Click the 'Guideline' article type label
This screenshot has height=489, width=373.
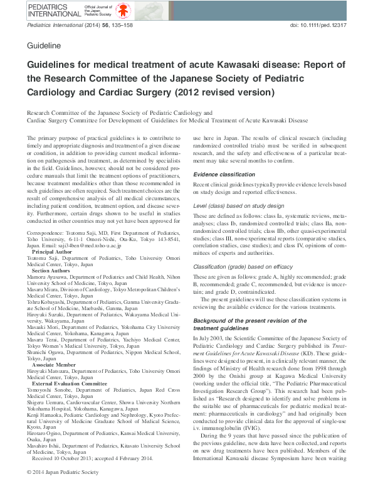44,46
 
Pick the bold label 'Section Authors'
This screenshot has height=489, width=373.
55,270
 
